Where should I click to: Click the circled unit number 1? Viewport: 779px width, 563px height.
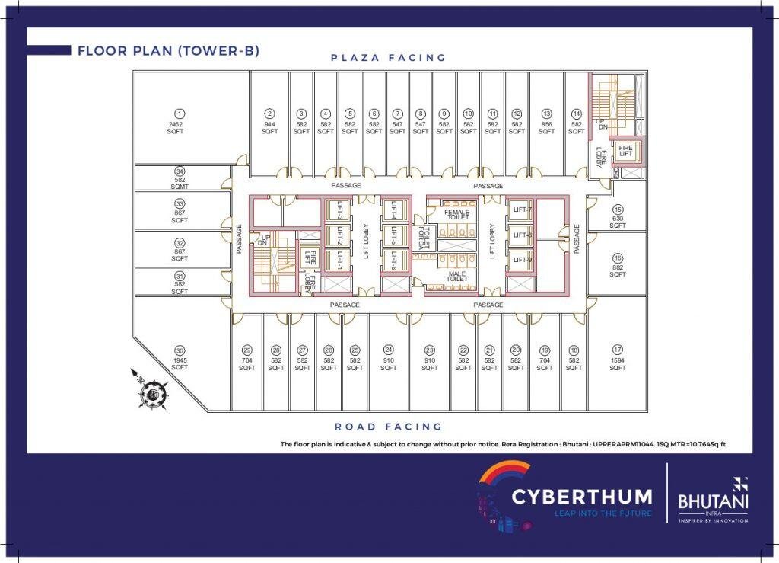pyautogui.click(x=180, y=114)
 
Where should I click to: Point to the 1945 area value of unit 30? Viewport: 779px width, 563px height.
pyautogui.click(x=180, y=360)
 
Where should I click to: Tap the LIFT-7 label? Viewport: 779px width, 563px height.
pyautogui.click(x=522, y=210)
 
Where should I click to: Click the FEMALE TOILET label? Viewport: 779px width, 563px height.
pyautogui.click(x=458, y=215)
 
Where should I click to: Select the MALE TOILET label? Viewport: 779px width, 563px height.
pyautogui.click(x=457, y=276)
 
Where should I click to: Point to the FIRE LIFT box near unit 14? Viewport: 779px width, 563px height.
pyautogui.click(x=625, y=151)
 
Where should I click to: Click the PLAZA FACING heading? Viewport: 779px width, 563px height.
pyautogui.click(x=388, y=58)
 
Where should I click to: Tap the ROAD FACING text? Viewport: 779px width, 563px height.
pyautogui.click(x=388, y=427)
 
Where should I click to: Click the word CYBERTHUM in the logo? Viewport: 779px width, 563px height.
pyautogui.click(x=582, y=497)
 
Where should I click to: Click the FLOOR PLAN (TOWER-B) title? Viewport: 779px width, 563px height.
pyautogui.click(x=168, y=51)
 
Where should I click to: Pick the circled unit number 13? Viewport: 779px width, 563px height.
pyautogui.click(x=546, y=114)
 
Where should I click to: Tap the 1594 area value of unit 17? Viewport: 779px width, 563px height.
pyautogui.click(x=617, y=360)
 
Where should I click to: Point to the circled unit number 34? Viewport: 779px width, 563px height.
pyautogui.click(x=180, y=171)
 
